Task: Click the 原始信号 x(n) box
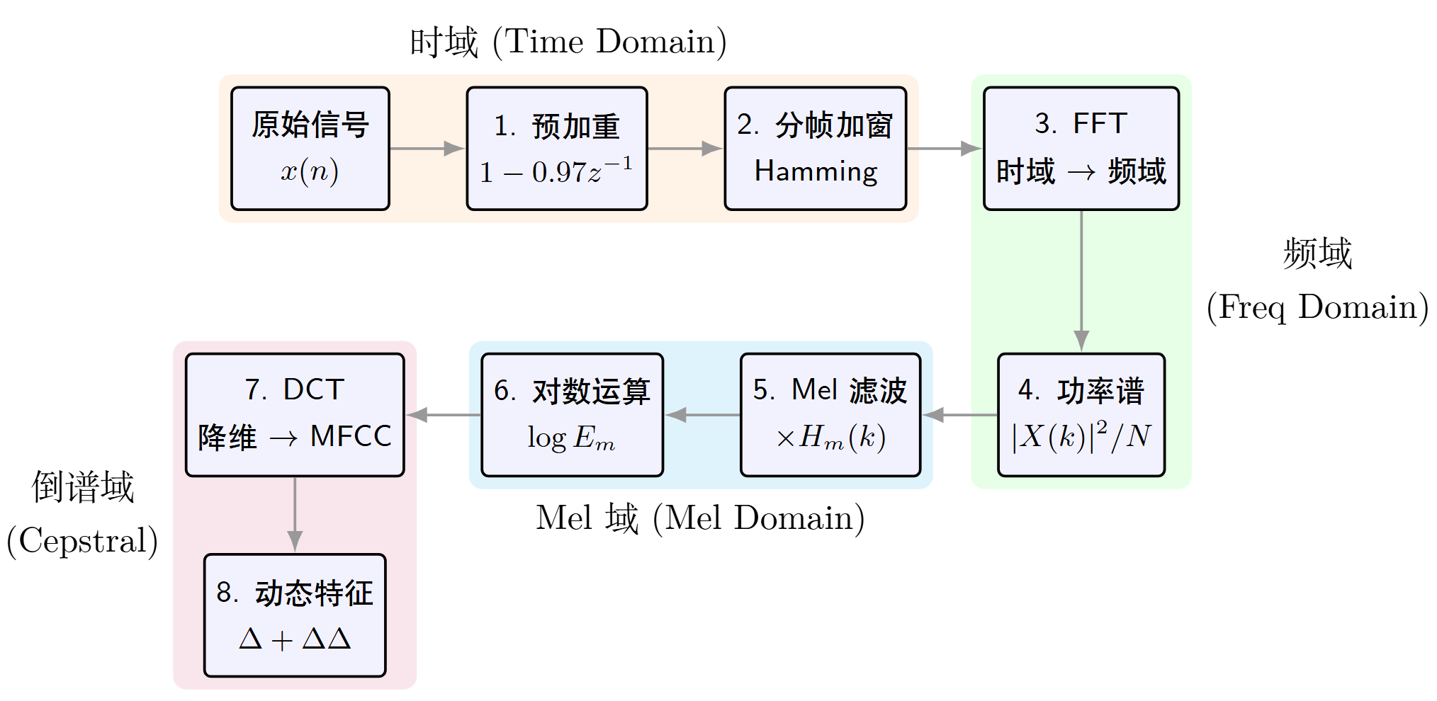point(310,148)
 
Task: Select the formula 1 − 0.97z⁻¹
point(556,172)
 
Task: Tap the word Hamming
point(816,172)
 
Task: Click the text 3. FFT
point(1081,123)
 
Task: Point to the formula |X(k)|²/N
point(1081,436)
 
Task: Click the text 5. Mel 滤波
point(830,390)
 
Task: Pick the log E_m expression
point(571,438)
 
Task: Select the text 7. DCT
point(294,389)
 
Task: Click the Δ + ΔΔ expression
point(295,639)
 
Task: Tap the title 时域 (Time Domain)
point(568,42)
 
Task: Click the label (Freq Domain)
point(1317,307)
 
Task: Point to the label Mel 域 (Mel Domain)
point(700,518)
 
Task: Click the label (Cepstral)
point(82,541)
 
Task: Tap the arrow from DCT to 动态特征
point(295,515)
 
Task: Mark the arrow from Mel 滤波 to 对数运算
point(702,415)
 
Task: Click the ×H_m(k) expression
point(830,438)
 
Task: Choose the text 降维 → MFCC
point(294,437)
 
